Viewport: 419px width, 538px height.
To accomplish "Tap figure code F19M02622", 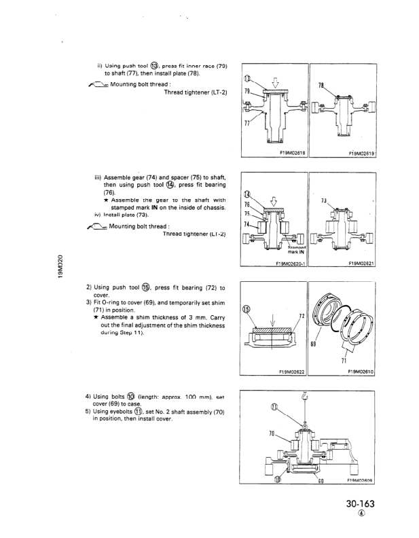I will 288,372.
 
